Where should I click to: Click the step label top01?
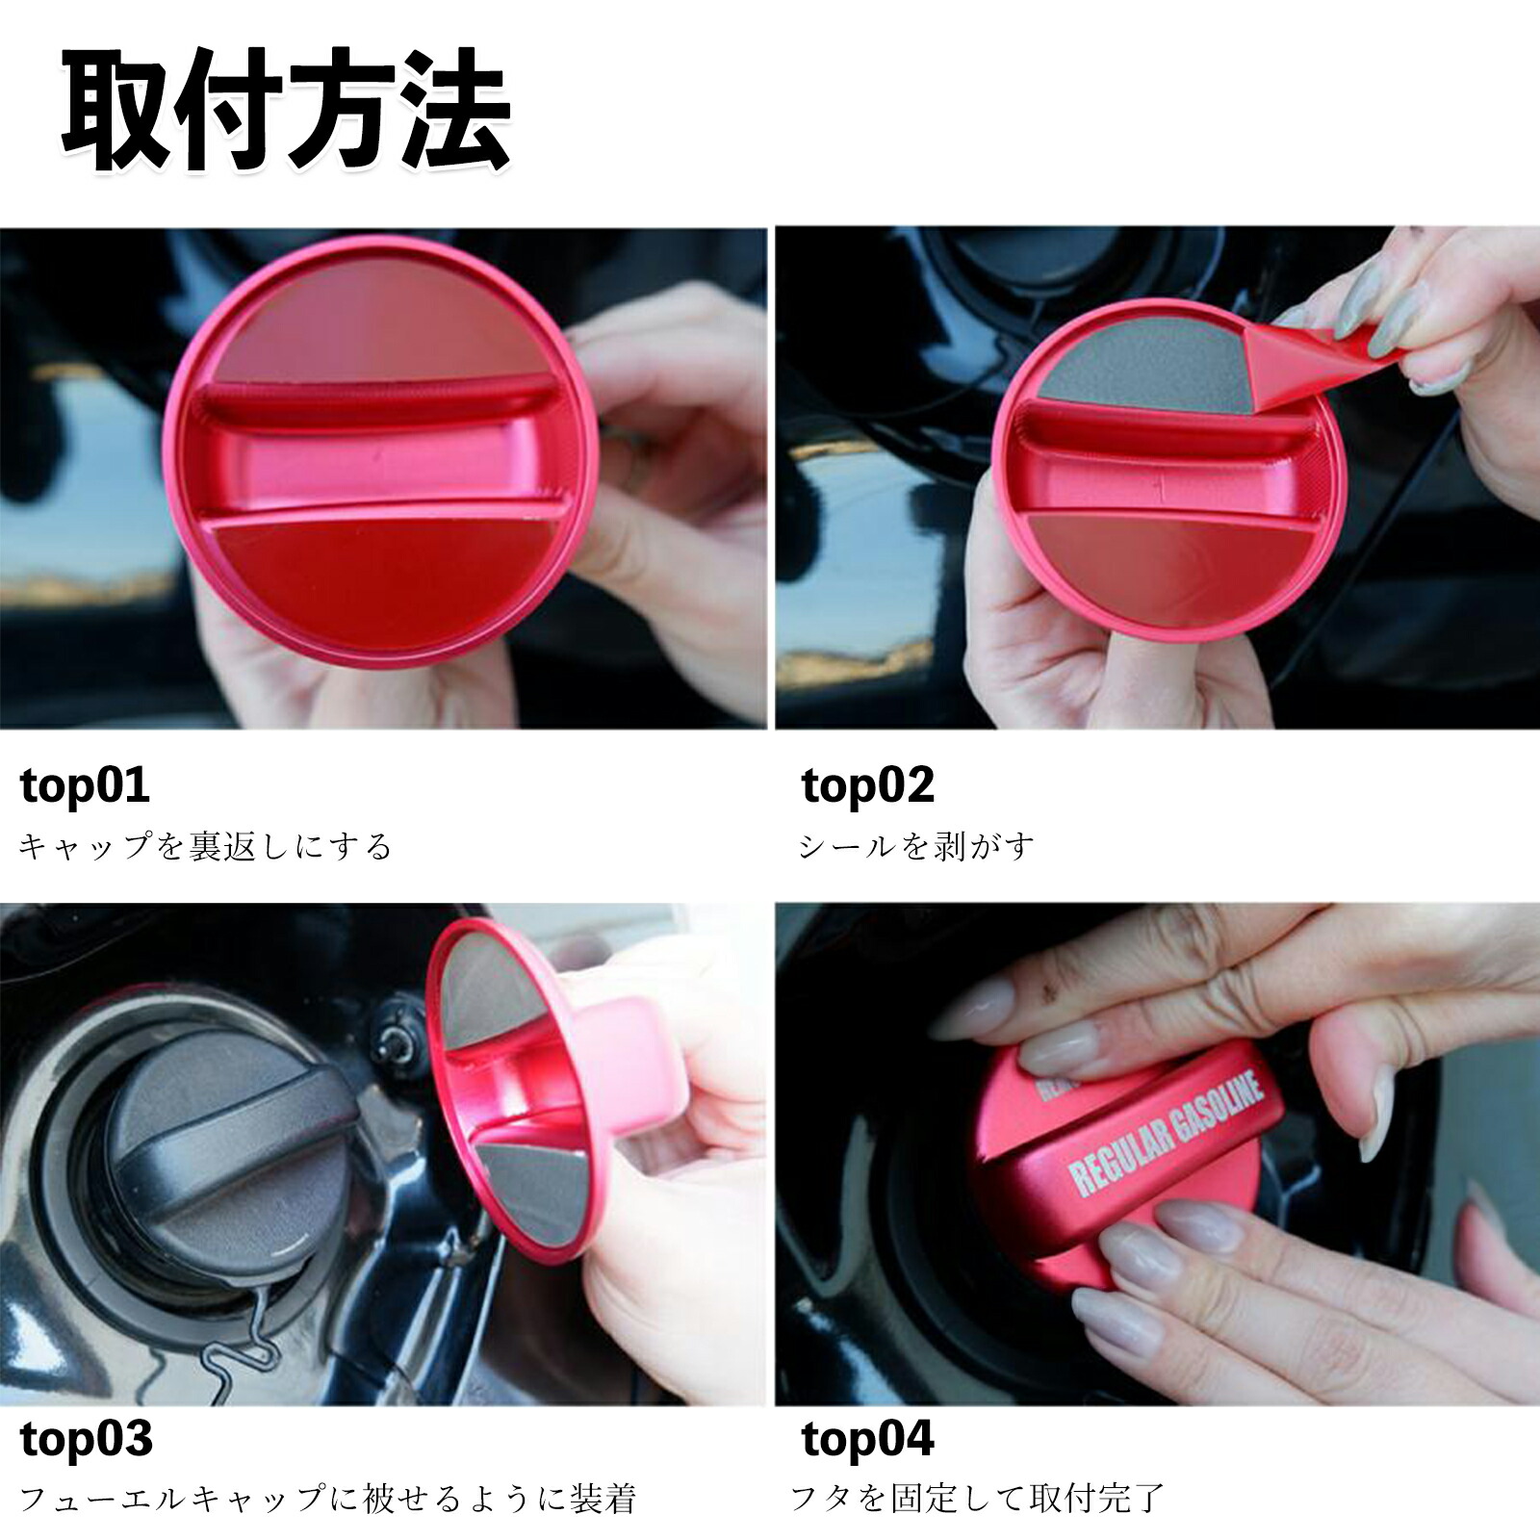pyautogui.click(x=85, y=785)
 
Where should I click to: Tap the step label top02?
pyautogui.click(x=867, y=785)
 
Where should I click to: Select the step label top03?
pyautogui.click(x=87, y=1439)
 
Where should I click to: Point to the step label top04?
pyautogui.click(x=867, y=1439)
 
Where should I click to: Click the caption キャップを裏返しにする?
pyautogui.click(x=206, y=847)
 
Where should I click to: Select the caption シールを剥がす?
pyautogui.click(x=917, y=847)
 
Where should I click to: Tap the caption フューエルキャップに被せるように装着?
pyautogui.click(x=328, y=1499)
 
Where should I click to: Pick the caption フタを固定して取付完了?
pyautogui.click(x=977, y=1499)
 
